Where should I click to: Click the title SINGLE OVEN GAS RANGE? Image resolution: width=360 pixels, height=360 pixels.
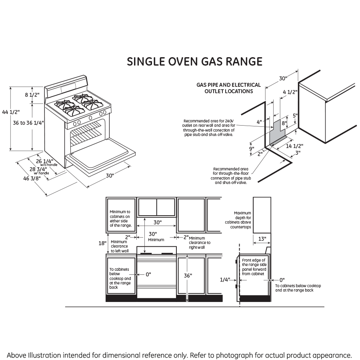click(194, 62)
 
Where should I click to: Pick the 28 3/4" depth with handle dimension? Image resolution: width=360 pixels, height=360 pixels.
click(39, 169)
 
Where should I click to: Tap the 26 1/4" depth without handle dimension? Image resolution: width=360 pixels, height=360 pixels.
click(44, 161)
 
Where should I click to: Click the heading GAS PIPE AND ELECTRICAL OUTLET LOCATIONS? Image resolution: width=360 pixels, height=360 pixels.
click(228, 88)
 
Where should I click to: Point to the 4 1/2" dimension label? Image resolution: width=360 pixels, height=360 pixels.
click(290, 92)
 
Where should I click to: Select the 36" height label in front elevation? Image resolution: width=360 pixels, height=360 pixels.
click(188, 275)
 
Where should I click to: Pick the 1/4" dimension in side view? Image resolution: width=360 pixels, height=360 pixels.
click(225, 280)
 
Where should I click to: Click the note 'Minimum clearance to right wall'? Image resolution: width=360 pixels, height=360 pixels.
click(199, 243)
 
